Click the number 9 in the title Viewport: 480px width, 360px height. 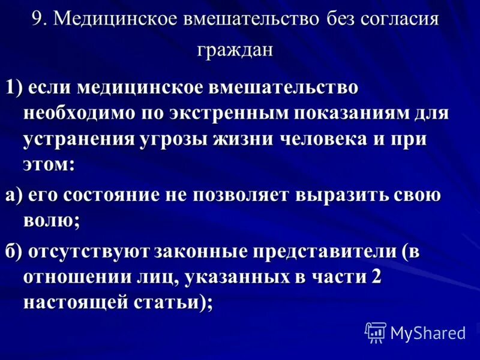(38, 19)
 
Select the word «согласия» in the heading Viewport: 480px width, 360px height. (401, 19)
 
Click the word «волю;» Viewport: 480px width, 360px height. (52, 221)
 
